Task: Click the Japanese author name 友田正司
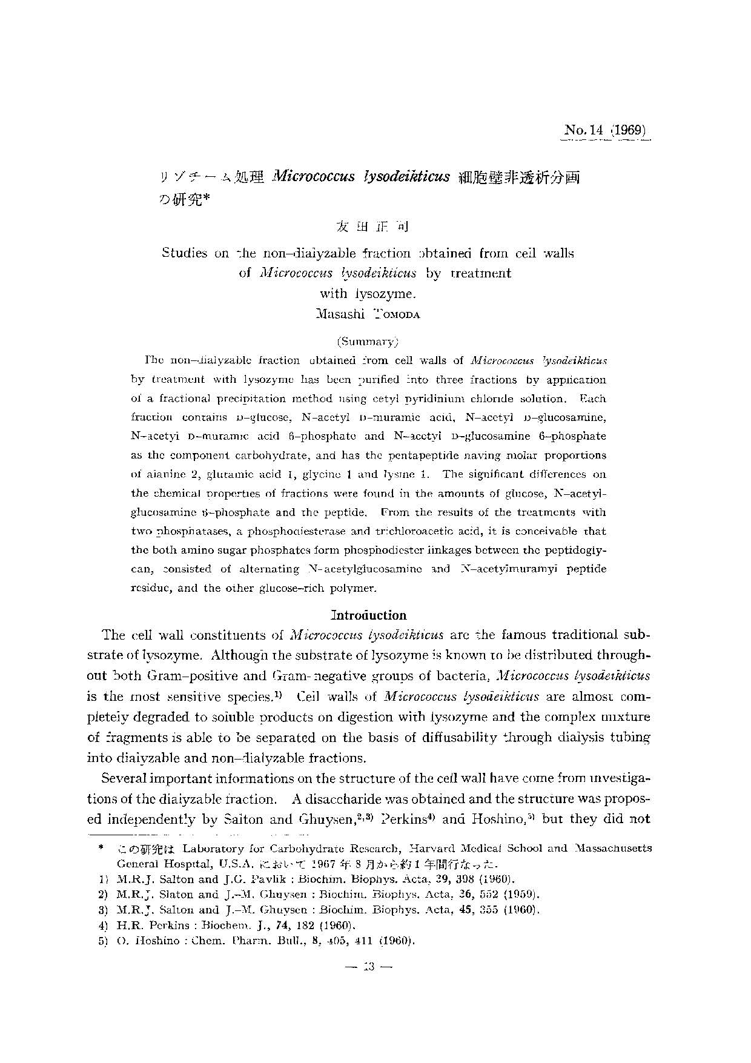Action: [371, 227]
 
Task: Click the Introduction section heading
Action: [369, 615]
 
